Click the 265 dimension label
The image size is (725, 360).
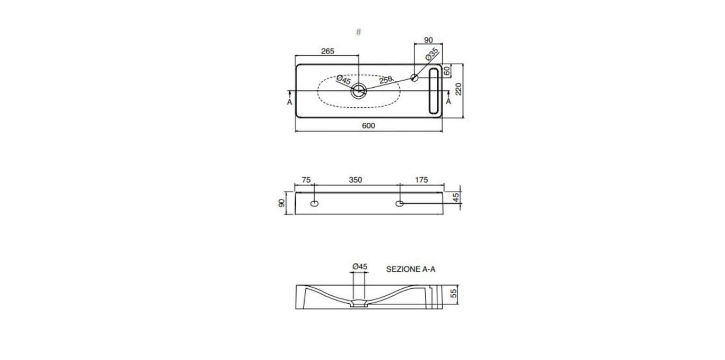pyautogui.click(x=327, y=51)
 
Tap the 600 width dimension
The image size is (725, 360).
pyautogui.click(x=368, y=126)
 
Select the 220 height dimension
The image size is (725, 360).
pyautogui.click(x=459, y=89)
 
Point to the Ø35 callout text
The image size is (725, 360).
pyautogui.click(x=432, y=54)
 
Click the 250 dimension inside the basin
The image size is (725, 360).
pyautogui.click(x=385, y=80)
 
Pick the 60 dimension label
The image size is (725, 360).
pyautogui.click(x=447, y=71)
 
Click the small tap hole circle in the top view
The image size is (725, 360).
pyautogui.click(x=415, y=78)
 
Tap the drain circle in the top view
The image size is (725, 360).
pyautogui.click(x=359, y=91)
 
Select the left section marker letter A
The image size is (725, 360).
pyautogui.click(x=289, y=102)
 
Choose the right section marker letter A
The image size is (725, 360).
pyautogui.click(x=448, y=101)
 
